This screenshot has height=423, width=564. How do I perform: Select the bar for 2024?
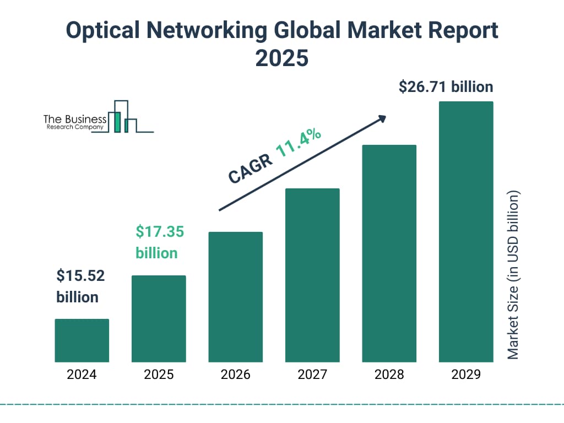pos(82,340)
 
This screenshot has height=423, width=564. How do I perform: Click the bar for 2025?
pos(159,318)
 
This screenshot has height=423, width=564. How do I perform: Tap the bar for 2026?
pos(235,297)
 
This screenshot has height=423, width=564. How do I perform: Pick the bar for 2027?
pos(312,275)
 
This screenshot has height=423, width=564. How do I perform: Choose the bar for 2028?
pos(389,253)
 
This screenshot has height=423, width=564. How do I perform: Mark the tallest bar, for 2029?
pos(466,231)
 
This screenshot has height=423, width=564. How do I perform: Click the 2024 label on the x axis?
pos(82,375)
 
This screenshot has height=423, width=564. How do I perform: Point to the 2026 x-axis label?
pos(235,375)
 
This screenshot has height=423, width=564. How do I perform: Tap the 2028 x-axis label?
pos(389,375)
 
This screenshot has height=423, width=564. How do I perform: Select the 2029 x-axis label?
pos(466,375)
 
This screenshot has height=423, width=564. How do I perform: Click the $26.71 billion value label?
pos(446,87)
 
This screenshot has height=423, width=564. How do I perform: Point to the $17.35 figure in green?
pos(160,231)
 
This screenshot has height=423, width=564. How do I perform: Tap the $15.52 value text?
pos(80,275)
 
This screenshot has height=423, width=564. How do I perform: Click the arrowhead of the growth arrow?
pos(382,118)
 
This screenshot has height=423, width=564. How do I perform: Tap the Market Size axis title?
pos(513,275)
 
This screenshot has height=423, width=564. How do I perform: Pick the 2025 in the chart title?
pos(281,58)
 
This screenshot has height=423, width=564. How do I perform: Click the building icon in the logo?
pos(122,117)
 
